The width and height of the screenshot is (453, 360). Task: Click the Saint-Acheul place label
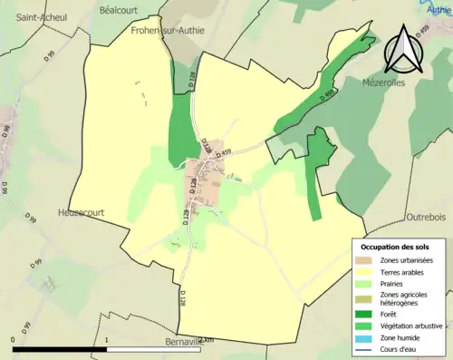point(34,16)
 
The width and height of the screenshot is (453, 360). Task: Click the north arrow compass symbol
point(401,50)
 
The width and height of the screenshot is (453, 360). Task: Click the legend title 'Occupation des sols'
point(397,247)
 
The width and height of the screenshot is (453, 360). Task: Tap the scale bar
point(109,347)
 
